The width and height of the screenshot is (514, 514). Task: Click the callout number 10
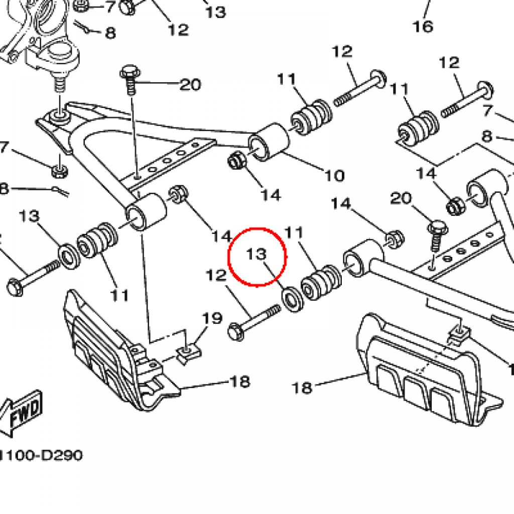point(334,176)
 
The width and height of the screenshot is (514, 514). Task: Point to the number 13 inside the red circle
point(255,254)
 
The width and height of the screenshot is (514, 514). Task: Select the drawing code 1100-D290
point(40,456)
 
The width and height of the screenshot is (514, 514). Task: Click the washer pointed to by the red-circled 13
point(291,297)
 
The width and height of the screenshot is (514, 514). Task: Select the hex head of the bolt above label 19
point(235,332)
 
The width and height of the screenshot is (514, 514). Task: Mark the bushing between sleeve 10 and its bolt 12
point(311,119)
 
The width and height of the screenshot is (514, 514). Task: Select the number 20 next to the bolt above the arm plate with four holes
point(190,84)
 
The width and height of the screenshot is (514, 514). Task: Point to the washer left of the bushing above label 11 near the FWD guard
point(67,254)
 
